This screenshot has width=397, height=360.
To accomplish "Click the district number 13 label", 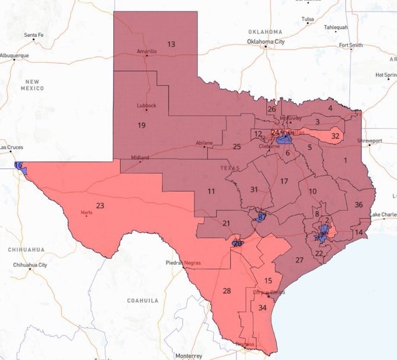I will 171,44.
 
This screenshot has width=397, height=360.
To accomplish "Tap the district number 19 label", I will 141,126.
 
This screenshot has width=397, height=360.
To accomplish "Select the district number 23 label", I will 100,206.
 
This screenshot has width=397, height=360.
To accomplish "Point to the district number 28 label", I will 227,291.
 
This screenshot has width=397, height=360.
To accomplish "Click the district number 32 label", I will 335,136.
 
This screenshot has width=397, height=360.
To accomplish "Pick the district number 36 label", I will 358,205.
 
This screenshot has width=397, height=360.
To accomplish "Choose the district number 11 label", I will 211,191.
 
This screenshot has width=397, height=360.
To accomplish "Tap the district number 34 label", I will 263,307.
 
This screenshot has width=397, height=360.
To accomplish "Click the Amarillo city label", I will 147,51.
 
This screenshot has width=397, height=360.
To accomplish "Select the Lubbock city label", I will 147,106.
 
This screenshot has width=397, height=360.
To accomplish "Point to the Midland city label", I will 140,158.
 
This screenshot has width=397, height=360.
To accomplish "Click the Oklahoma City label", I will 266,42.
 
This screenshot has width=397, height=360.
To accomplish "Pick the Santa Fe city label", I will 33,36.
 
